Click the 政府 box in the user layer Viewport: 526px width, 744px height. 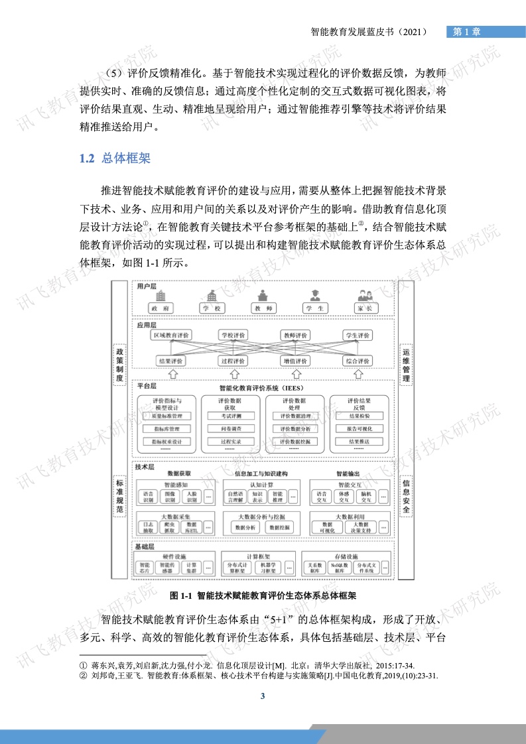159,308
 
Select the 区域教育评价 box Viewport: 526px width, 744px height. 171,336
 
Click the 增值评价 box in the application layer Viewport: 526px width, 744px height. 295,361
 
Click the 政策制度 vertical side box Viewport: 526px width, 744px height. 120,365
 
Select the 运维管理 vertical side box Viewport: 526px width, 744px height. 406,365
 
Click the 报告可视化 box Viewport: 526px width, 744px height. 359,428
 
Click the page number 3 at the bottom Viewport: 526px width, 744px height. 263,696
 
